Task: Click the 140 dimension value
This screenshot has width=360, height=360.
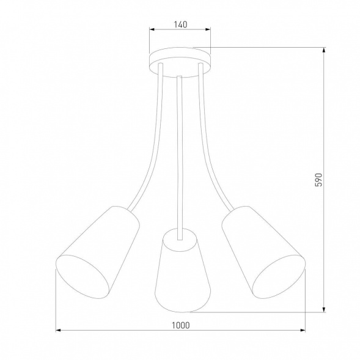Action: click(179, 25)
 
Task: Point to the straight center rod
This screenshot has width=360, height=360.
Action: click(180, 153)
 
